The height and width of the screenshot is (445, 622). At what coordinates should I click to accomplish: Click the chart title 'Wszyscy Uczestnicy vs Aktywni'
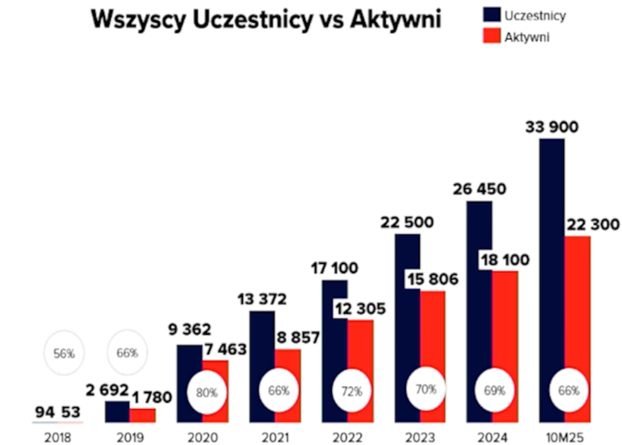[x=266, y=20]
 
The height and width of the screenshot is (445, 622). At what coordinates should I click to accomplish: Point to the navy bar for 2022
[x=334, y=347]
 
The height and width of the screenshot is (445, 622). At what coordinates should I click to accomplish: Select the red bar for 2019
[x=142, y=416]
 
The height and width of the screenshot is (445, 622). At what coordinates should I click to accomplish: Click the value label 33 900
[x=552, y=126]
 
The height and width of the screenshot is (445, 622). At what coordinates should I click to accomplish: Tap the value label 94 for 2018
[x=44, y=412]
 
